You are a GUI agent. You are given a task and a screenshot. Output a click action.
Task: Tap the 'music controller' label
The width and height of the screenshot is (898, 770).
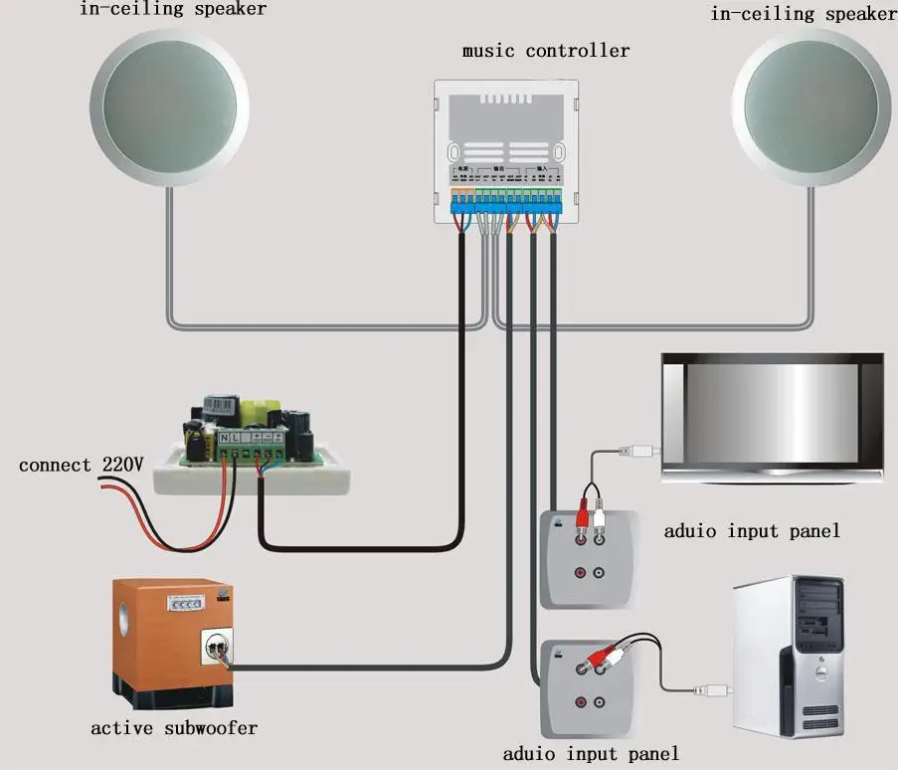tap(545, 50)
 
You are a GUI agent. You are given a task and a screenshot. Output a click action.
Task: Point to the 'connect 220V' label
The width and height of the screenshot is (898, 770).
tap(82, 465)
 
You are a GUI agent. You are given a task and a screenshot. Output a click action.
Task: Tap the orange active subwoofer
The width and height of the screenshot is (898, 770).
tap(169, 637)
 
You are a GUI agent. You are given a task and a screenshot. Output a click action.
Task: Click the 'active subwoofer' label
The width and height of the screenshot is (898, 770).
tap(174, 728)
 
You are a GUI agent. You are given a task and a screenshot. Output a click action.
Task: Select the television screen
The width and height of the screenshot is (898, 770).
tap(773, 418)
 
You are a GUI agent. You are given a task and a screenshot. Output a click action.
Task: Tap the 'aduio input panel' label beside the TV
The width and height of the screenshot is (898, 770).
tap(752, 530)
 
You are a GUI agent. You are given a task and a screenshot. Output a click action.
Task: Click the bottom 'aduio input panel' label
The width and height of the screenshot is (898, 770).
tap(591, 753)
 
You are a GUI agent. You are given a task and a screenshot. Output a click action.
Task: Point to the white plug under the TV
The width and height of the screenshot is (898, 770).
tap(636, 451)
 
